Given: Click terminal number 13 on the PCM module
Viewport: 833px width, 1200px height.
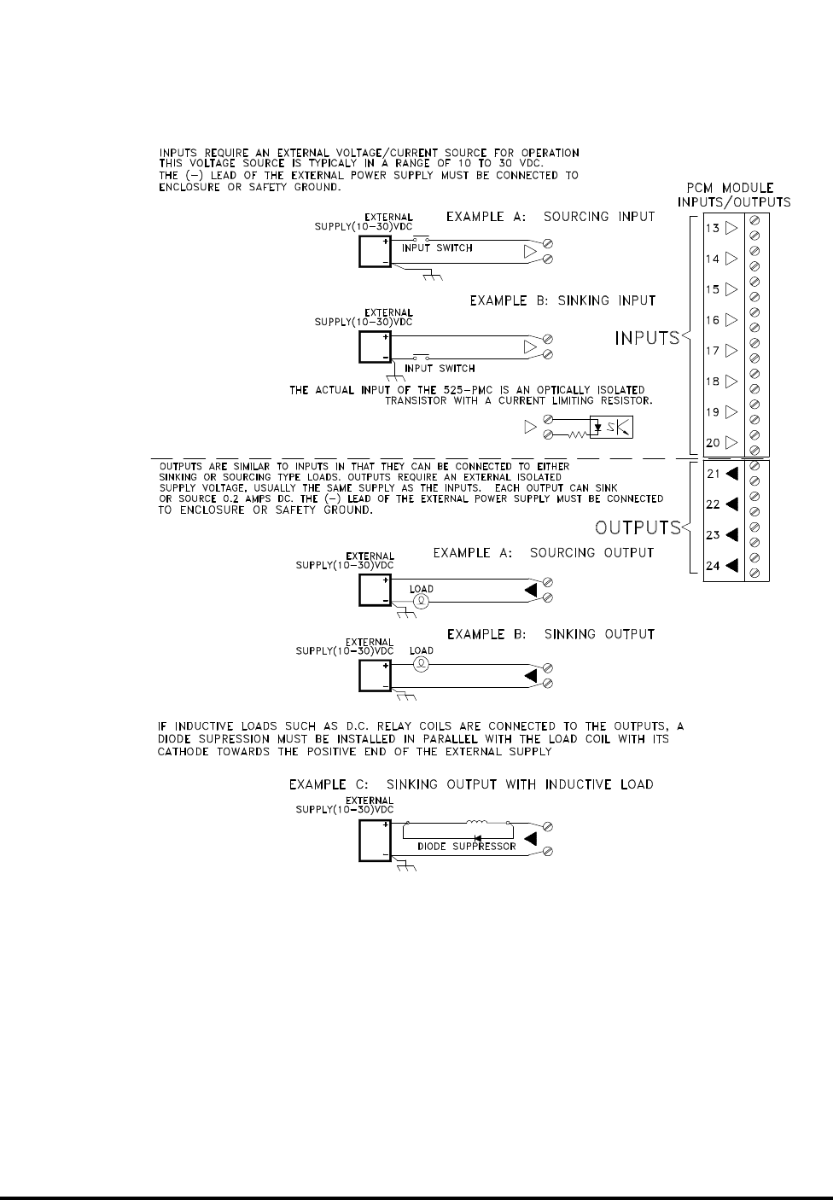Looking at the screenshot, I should [713, 228].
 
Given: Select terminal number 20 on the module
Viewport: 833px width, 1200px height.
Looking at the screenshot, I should [713, 443].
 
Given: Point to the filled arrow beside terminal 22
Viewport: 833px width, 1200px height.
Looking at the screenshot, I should [731, 504].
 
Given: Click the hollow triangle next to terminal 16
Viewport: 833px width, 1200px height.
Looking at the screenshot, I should [731, 320].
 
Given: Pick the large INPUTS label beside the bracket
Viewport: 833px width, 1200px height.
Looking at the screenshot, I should [647, 339].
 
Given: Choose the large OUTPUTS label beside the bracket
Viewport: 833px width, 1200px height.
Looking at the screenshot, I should [638, 527].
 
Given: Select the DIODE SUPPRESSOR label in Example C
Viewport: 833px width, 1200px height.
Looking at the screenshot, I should [466, 847].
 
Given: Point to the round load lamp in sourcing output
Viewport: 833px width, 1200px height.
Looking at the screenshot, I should [420, 601].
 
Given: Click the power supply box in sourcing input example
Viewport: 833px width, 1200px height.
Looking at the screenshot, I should [375, 252].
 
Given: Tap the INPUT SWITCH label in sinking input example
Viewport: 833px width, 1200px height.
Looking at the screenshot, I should [440, 369].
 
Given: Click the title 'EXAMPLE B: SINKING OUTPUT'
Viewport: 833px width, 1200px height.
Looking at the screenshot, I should [550, 634].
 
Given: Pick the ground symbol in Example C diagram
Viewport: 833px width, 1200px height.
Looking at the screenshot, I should [408, 867].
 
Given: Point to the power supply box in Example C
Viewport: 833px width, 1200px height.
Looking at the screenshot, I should [375, 840].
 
